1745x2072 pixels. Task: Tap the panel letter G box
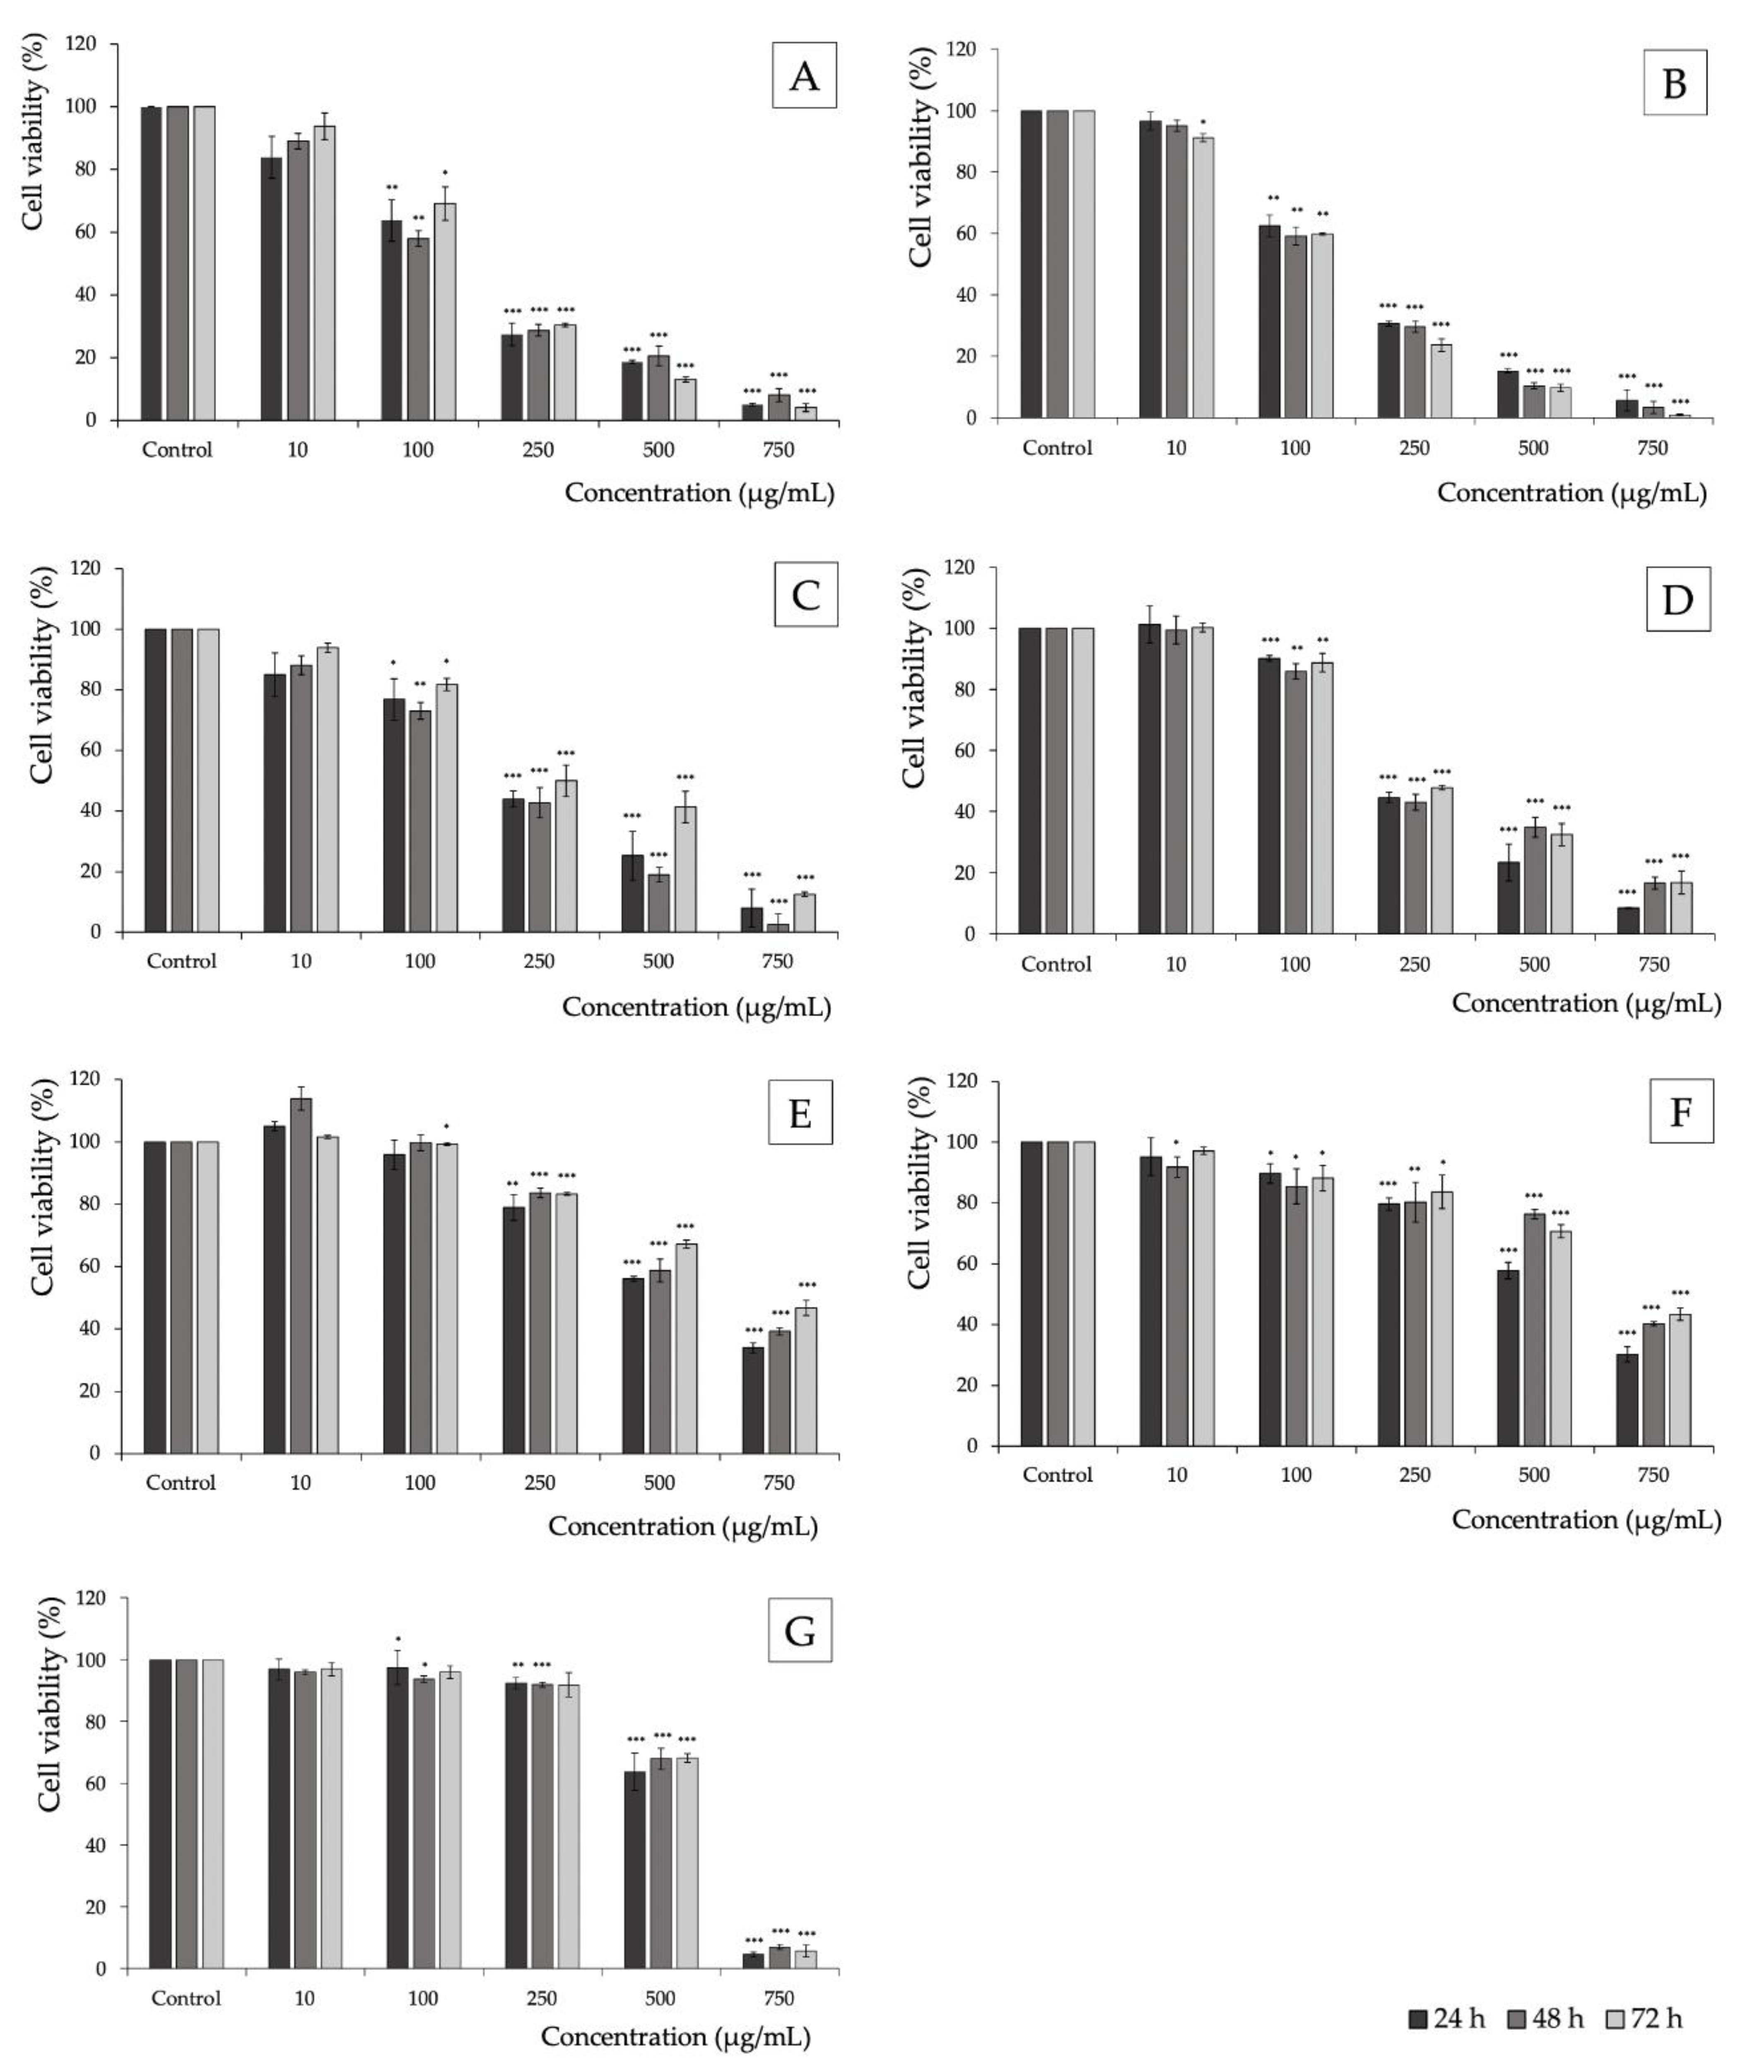point(799,1630)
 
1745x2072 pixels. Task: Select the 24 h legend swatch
point(1419,2019)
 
